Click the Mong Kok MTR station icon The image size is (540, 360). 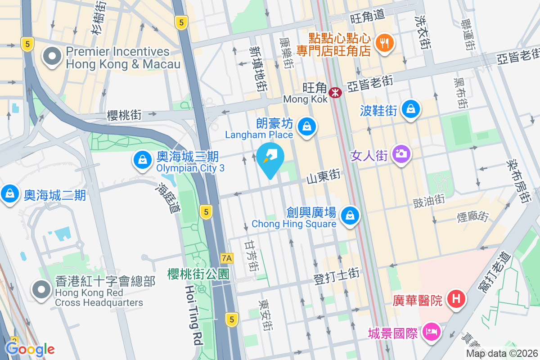[335, 93]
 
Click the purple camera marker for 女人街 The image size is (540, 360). [401, 154]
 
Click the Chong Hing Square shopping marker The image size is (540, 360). [349, 215]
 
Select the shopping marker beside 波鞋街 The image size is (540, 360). [411, 109]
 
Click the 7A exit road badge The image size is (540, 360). [227, 258]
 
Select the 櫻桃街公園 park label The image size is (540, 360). [198, 274]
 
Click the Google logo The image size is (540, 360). [30, 349]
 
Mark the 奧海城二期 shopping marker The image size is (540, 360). [9, 194]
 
